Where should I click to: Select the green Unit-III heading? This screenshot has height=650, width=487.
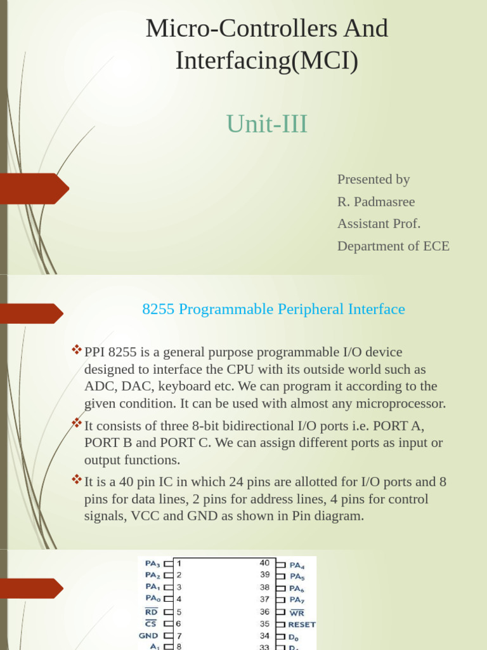[266, 124]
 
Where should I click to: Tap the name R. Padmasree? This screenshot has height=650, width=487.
[376, 202]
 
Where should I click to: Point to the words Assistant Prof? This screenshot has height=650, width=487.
[379, 223]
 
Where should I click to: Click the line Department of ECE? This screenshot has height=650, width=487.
[393, 246]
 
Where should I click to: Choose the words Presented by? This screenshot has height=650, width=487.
[373, 180]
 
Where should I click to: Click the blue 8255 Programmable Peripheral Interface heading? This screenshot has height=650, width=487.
[273, 309]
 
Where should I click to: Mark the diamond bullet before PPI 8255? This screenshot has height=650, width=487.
[77, 349]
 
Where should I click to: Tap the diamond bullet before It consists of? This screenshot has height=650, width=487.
[77, 422]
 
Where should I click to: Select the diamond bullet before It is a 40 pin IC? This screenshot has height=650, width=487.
[77, 478]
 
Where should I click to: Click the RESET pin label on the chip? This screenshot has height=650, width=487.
[301, 624]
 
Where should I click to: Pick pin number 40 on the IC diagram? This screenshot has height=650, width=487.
[264, 563]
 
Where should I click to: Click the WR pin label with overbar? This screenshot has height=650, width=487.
[296, 613]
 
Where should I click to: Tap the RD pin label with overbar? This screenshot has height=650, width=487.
[151, 612]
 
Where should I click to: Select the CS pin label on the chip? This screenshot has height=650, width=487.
[151, 624]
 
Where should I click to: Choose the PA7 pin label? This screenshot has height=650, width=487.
[296, 600]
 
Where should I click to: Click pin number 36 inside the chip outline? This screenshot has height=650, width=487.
[264, 612]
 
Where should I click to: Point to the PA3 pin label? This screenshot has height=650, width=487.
[152, 563]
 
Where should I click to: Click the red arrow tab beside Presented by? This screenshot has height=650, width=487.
[35, 188]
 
